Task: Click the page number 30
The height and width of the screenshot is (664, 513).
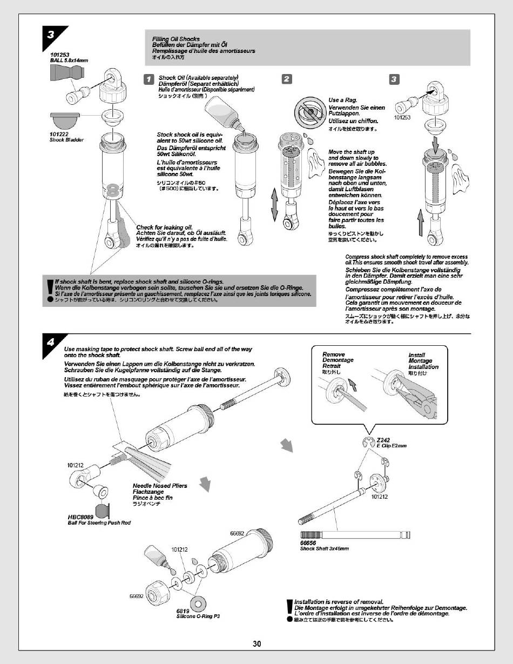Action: [x=256, y=643]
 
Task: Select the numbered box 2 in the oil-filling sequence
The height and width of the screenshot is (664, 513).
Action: [x=287, y=79]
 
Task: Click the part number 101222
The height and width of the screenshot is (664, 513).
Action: [x=59, y=134]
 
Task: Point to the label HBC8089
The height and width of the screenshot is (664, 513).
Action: [x=80, y=517]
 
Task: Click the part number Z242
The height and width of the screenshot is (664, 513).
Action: [x=382, y=440]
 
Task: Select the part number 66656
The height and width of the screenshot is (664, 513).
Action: [x=308, y=543]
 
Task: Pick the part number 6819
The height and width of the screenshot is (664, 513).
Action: [x=183, y=611]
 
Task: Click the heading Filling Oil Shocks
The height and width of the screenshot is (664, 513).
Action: [x=176, y=39]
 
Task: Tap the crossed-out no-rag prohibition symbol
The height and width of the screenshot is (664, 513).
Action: [x=307, y=112]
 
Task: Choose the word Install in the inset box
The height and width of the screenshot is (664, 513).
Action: [x=416, y=356]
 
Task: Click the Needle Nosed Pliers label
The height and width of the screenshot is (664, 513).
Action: [x=160, y=486]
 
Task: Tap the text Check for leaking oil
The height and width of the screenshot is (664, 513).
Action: [x=164, y=227]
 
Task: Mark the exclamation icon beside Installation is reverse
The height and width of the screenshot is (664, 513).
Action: [x=289, y=607]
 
